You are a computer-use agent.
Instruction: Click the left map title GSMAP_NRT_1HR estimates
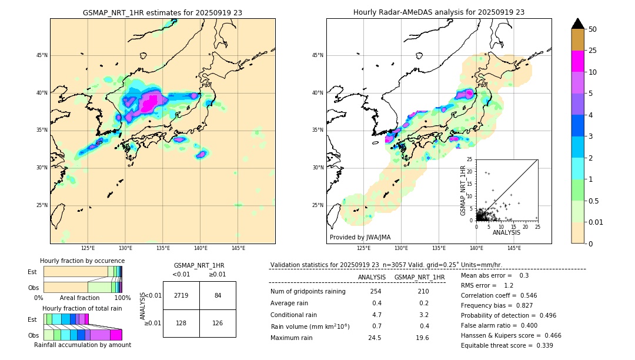(x=162, y=12)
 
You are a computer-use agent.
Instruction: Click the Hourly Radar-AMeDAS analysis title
(x=439, y=12)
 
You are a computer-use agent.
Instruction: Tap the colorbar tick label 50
(x=593, y=29)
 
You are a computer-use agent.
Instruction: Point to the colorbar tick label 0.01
(x=596, y=222)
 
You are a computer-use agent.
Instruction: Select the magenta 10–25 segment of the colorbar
(x=578, y=61)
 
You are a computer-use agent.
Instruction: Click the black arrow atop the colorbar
(x=578, y=24)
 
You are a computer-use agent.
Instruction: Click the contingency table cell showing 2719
(x=181, y=295)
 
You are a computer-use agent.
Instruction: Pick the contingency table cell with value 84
(x=218, y=295)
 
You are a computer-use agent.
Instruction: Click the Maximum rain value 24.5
(x=375, y=338)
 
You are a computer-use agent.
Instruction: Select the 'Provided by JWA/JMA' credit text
(x=360, y=238)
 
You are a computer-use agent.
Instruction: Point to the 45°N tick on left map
(x=41, y=55)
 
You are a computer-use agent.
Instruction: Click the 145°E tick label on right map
(x=514, y=248)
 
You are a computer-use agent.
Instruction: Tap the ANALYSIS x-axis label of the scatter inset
(x=506, y=232)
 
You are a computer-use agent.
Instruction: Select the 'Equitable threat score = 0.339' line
(x=507, y=345)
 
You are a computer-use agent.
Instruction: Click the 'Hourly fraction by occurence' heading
(x=82, y=261)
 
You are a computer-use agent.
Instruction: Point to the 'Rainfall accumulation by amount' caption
(x=82, y=345)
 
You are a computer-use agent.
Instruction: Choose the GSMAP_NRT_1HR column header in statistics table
(x=419, y=277)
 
